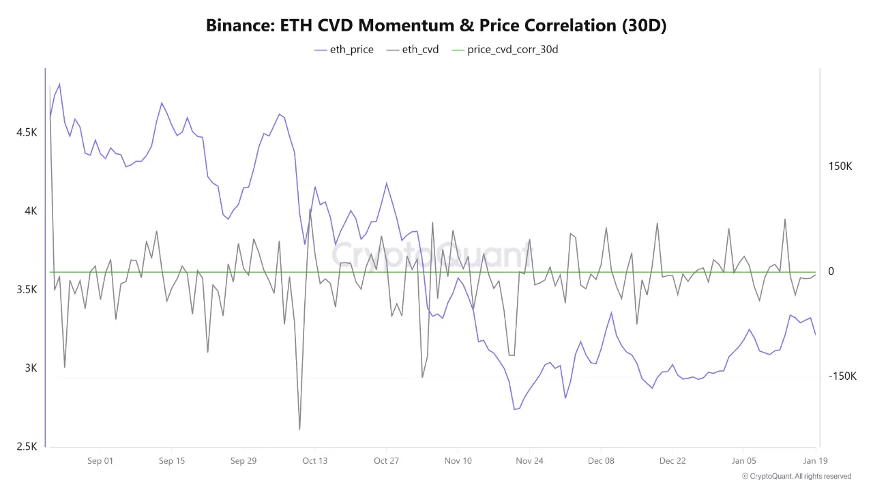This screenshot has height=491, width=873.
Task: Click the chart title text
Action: click(436, 25)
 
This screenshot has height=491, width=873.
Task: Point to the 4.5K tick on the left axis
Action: click(27, 132)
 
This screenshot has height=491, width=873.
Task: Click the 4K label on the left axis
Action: click(31, 211)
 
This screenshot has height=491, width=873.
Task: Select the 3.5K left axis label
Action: click(27, 289)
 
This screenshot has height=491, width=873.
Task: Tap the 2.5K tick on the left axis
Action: click(27, 447)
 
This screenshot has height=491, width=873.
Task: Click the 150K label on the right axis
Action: click(840, 166)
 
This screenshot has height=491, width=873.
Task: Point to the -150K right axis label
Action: click(842, 376)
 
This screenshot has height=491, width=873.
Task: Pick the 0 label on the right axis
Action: click(831, 271)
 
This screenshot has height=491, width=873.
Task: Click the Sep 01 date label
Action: click(100, 461)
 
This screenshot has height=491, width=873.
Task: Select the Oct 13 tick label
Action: click(314, 461)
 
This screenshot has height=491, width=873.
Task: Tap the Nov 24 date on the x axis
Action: click(529, 461)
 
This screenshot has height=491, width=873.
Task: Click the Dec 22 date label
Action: click(672, 461)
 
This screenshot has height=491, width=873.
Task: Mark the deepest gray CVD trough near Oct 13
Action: click(299, 429)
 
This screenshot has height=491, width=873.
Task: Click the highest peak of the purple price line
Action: click(59, 84)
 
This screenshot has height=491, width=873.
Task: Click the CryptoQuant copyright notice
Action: click(796, 476)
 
